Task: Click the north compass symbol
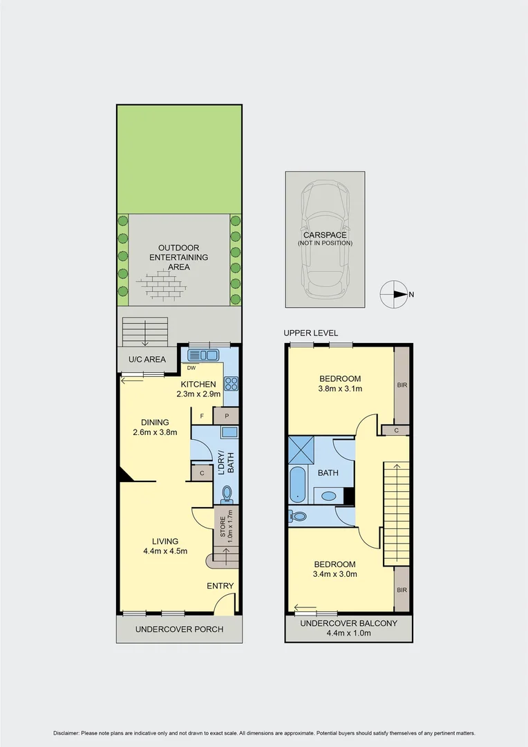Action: (x=394, y=295)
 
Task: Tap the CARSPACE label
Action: (x=325, y=235)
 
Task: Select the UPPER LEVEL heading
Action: (x=311, y=333)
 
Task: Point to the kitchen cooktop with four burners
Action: (x=231, y=384)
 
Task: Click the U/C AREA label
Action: (x=147, y=360)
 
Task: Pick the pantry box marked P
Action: (x=226, y=416)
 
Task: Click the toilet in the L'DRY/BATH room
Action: (x=227, y=493)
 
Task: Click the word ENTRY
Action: (x=220, y=586)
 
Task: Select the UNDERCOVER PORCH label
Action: (x=179, y=629)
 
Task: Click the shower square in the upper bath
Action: (x=301, y=450)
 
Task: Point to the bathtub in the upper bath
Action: (x=298, y=485)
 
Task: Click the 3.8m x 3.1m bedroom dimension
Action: (x=340, y=389)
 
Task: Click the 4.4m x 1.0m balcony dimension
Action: (x=348, y=634)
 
